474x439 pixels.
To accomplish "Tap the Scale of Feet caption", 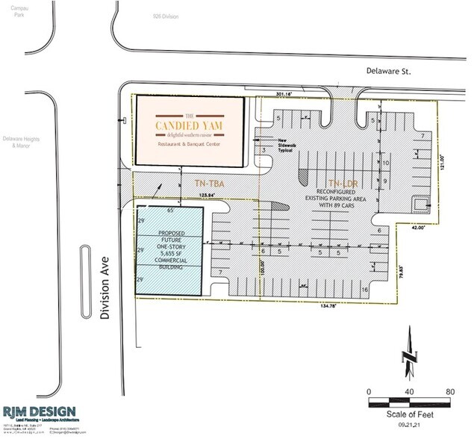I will click(x=409, y=415).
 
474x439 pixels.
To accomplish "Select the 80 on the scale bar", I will click(x=449, y=391).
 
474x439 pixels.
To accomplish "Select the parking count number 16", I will click(x=365, y=289).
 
